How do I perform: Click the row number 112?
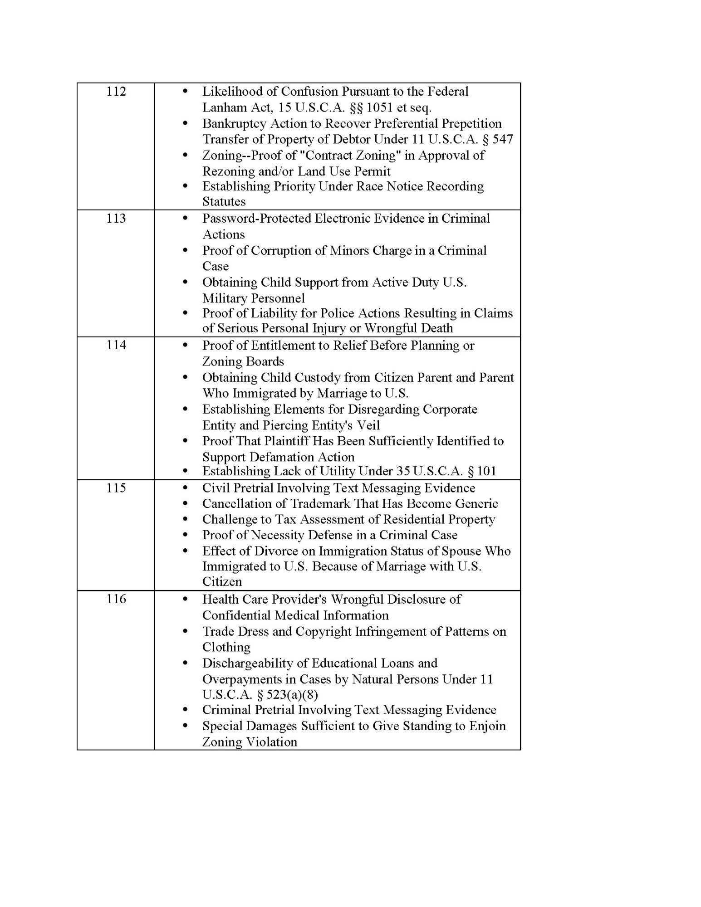tap(116, 92)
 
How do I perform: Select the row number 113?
tap(116, 219)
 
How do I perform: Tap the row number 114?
tap(116, 345)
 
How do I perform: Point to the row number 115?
tap(116, 488)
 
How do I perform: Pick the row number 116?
tap(116, 599)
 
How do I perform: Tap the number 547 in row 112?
tap(502, 139)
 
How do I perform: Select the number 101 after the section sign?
tap(486, 471)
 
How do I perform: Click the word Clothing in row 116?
tap(226, 647)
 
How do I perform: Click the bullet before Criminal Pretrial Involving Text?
tap(185, 710)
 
